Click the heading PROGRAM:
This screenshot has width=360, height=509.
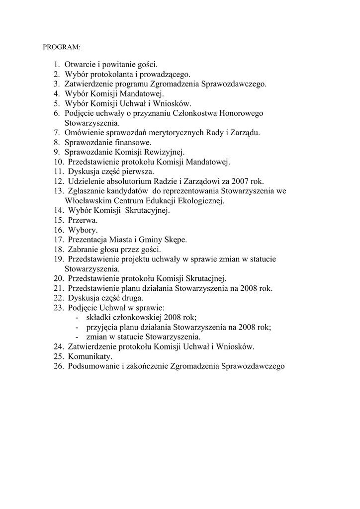(x=61, y=47)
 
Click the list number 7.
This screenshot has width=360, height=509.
(x=57, y=132)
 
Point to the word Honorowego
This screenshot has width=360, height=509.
(x=241, y=113)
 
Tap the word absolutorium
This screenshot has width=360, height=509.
(x=126, y=181)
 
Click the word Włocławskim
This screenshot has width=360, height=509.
(x=87, y=200)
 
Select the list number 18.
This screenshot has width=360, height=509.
(x=59, y=249)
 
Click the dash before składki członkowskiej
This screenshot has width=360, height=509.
(x=77, y=317)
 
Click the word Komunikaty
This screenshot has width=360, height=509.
(x=90, y=356)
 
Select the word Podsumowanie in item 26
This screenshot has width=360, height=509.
(x=93, y=366)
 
